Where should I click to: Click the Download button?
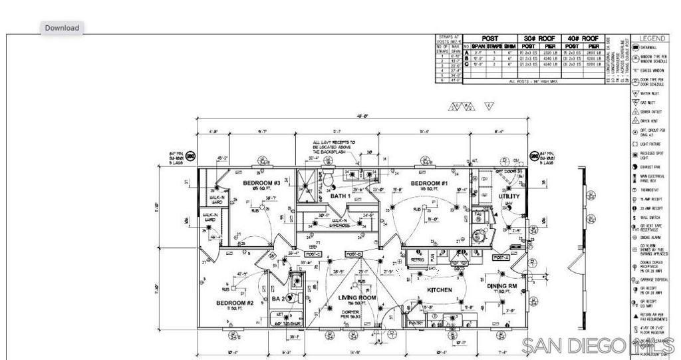63,27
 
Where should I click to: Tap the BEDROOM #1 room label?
429,183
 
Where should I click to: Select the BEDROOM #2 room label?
235,303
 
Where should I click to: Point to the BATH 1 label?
340,196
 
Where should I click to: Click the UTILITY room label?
509,196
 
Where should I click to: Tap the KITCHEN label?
440,290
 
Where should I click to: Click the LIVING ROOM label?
358,297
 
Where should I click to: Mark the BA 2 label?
279,299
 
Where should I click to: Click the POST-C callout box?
313,254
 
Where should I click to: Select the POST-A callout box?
501,258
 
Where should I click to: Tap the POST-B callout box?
353,254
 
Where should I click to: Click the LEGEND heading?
652,39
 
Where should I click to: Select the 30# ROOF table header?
539,39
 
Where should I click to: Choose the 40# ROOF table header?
582,39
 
